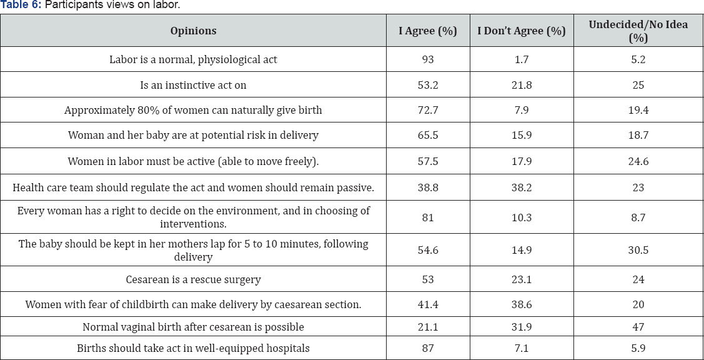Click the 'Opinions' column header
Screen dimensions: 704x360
click(x=193, y=31)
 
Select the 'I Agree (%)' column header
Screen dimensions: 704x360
click(x=428, y=31)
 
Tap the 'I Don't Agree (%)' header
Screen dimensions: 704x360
click(x=521, y=31)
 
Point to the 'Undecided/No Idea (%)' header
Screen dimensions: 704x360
click(x=638, y=31)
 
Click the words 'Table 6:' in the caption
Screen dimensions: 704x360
click(x=21, y=5)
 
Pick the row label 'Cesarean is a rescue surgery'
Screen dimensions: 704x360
click(x=193, y=279)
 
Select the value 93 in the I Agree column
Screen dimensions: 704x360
click(x=428, y=59)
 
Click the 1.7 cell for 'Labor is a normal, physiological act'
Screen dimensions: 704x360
click(x=521, y=59)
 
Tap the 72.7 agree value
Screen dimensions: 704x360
click(x=428, y=110)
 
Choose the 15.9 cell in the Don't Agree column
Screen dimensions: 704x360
click(x=521, y=135)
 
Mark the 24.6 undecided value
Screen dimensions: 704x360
click(x=638, y=161)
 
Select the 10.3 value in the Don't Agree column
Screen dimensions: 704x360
click(x=521, y=217)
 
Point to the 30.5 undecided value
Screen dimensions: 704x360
click(x=638, y=250)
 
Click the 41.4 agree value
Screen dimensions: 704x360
click(x=428, y=304)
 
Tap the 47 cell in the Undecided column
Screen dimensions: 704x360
click(x=638, y=327)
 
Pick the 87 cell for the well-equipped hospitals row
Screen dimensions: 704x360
click(x=428, y=348)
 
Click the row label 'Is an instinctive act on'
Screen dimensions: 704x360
click(x=193, y=85)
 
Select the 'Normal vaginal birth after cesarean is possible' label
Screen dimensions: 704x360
click(x=193, y=327)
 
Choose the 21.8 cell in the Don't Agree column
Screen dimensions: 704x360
click(x=521, y=85)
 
